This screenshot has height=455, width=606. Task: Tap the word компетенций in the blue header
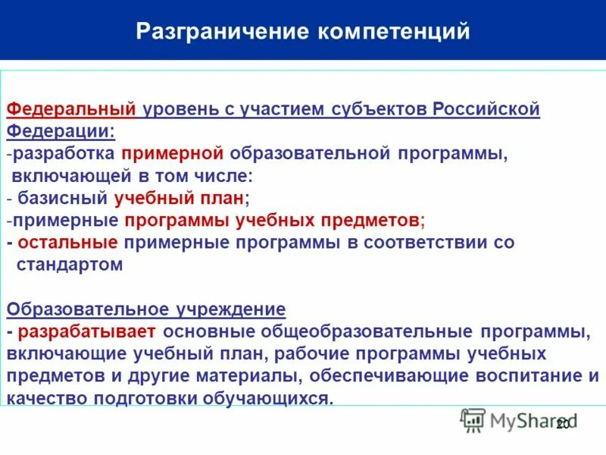click(394, 32)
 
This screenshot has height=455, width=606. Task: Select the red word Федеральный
click(71, 109)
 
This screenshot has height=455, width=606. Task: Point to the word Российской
click(486, 109)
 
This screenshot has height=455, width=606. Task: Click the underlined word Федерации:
click(61, 131)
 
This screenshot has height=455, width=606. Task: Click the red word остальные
click(67, 243)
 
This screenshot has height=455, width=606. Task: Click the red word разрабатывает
click(87, 331)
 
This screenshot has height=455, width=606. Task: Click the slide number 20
click(562, 425)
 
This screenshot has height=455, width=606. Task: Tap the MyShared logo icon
click(473, 420)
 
